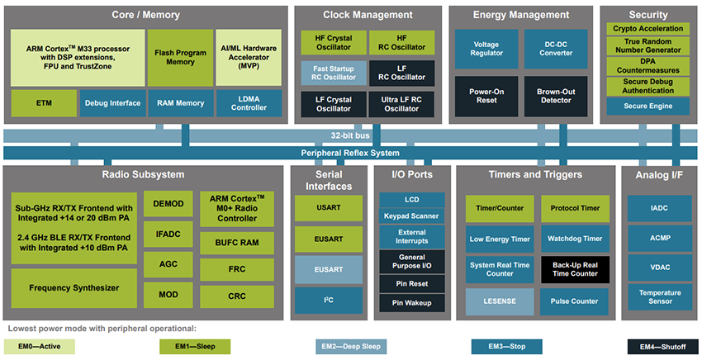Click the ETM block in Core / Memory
[x=43, y=103]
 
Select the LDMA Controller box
[x=249, y=103]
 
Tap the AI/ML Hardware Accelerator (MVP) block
[x=249, y=58]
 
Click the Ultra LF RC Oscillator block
[x=401, y=103]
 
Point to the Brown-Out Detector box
[x=555, y=96]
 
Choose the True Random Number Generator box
[x=647, y=45]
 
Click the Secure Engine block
[x=647, y=106]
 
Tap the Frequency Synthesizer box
[x=74, y=287]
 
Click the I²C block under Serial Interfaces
[x=328, y=300]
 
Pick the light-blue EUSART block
[x=328, y=269]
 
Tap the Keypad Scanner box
[x=411, y=216]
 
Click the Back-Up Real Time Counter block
[x=575, y=268]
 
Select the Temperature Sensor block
[x=659, y=296]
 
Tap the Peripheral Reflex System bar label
[x=350, y=154]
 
